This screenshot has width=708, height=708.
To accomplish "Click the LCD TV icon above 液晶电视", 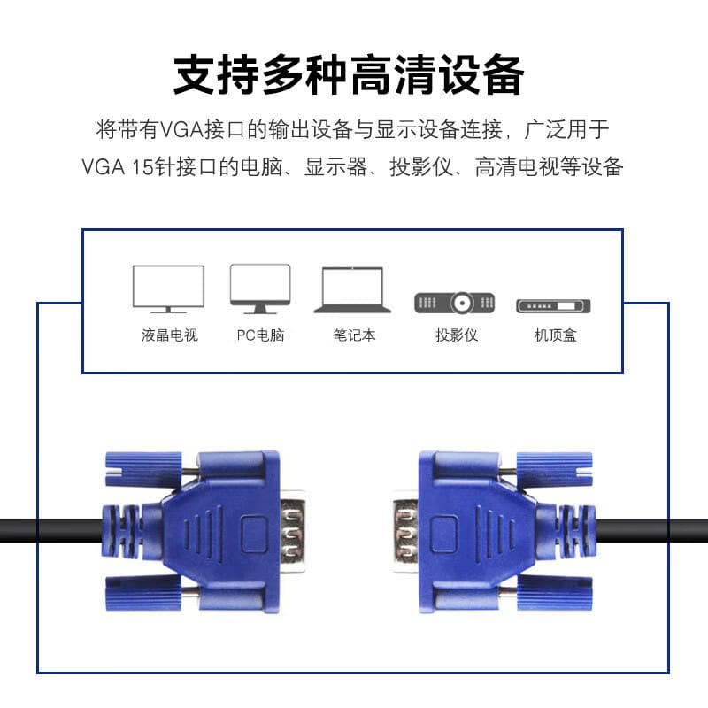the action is coord(168,289).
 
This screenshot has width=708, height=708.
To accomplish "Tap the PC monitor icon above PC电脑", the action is coord(260,289).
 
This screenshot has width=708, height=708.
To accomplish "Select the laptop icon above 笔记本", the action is coord(352,290).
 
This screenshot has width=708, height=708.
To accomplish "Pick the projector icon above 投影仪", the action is coord(455,303).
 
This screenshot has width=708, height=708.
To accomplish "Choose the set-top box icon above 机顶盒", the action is coord(554,305).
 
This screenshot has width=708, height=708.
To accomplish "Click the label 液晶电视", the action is coord(170,335).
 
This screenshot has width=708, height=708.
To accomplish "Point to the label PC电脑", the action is coord(260,335).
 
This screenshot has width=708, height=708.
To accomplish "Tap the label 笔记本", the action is coord(355,335).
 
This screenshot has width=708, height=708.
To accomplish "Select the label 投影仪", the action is coord(457,335).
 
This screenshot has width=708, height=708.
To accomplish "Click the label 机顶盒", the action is coord(556,335).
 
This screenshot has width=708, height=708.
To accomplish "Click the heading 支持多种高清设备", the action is coord(349,74).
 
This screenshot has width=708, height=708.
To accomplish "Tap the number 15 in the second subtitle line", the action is coord(142,167).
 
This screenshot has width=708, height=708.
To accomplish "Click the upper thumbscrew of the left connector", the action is coord(143,469).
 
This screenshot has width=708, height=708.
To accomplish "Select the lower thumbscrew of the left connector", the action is coord(143,593).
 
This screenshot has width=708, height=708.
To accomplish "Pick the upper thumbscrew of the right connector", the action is coord(555,469).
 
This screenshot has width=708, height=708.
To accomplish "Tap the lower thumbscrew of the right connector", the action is coord(555,593).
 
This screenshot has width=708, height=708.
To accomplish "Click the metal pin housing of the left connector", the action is coord(293,531).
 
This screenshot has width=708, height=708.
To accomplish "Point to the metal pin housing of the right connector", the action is coord(405,531).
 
